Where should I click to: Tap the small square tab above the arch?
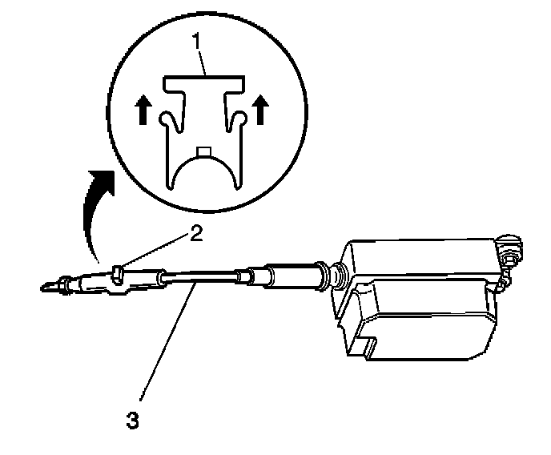[x=203, y=151]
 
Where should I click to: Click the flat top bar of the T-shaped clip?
[x=203, y=83]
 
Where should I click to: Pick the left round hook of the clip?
[x=167, y=119]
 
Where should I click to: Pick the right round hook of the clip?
[x=237, y=119]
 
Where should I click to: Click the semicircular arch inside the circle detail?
[x=203, y=172]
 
